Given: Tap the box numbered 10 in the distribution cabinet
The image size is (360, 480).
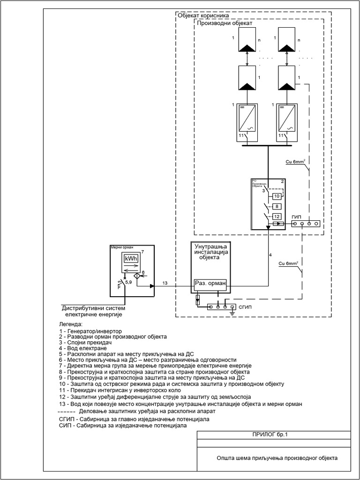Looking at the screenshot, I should pos(277,195).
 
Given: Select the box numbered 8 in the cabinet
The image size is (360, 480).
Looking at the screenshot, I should pos(277,206).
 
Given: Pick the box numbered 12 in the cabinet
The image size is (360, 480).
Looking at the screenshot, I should pos(277,216).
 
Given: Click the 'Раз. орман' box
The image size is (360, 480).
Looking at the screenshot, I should pos(210,284).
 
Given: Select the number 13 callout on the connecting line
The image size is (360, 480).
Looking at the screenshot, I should pos(165,283).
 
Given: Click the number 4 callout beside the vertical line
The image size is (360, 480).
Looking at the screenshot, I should pos(270,255).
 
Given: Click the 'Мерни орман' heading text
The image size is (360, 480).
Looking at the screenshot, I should pos(121,247).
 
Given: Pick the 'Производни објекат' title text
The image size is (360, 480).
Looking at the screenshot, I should pos(225,22).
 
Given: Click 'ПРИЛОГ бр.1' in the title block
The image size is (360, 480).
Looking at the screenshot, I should pos(273,435).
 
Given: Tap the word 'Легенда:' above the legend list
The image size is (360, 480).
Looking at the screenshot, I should pos(70,324).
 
